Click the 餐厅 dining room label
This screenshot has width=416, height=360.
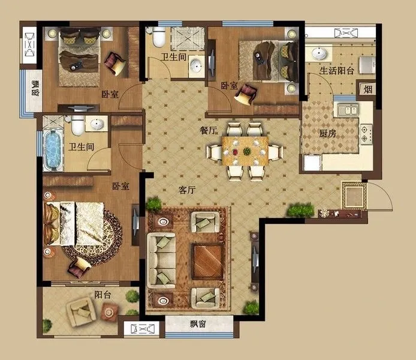tap(208, 130)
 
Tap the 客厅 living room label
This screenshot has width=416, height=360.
tap(187, 190)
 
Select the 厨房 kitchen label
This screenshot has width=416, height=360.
tap(327, 133)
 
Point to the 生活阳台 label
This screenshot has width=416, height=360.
tap(337, 71)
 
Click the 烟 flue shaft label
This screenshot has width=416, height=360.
tap(367, 89)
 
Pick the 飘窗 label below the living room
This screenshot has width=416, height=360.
tap(198, 324)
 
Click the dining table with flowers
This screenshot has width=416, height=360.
tap(245, 151)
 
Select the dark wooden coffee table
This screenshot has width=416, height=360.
tap(208, 261)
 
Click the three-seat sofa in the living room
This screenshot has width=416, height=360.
tap(161, 260)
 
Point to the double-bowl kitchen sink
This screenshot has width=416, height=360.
tap(348, 110)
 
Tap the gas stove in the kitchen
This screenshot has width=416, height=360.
tap(366, 134)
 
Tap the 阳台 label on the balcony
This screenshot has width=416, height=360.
tap(103, 295)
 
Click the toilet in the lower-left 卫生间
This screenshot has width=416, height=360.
tap(78, 125)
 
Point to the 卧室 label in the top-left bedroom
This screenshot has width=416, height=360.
tap(110, 94)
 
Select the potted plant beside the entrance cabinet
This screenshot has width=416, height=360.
tap(300, 209)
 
